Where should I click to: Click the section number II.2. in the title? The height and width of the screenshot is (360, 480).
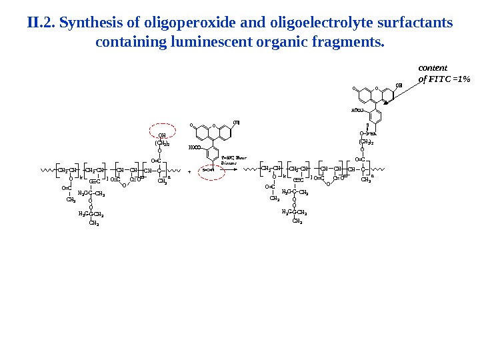click(41, 24)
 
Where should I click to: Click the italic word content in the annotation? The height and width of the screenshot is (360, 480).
click(433, 67)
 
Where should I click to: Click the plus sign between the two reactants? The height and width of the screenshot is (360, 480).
click(189, 171)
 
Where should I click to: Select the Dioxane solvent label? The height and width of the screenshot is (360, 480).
click(230, 163)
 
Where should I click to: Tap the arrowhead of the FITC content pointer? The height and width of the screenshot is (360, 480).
click(385, 102)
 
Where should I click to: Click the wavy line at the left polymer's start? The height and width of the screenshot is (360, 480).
click(47, 170)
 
